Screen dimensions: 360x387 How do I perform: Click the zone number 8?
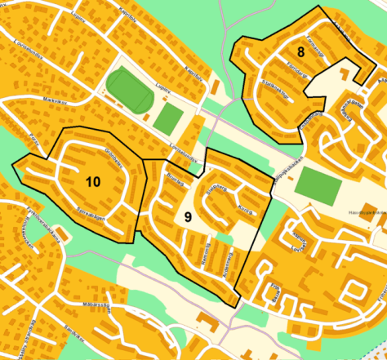pyautogui.click(x=301, y=52)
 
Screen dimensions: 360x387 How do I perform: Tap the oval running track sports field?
pyautogui.click(x=129, y=90)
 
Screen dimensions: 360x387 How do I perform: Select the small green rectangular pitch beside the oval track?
pyautogui.click(x=170, y=118)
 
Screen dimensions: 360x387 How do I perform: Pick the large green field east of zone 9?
pyautogui.click(x=317, y=185)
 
